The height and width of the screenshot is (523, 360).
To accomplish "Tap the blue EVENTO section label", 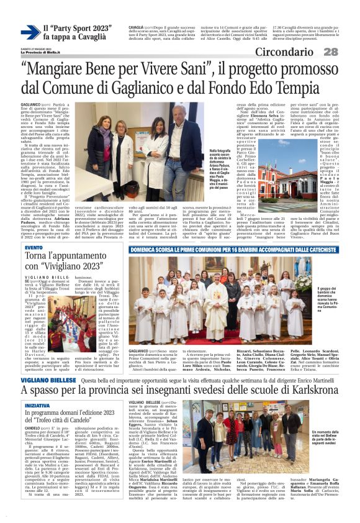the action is point(34,247).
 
